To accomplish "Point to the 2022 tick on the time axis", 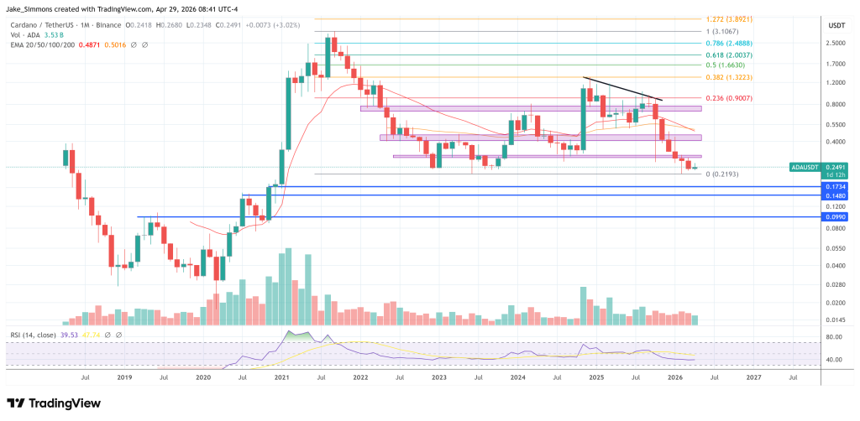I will [x=360, y=378].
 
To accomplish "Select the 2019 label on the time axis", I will [x=124, y=378].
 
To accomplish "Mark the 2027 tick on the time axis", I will [x=753, y=378].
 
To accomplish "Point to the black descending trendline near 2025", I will [x=622, y=89].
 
